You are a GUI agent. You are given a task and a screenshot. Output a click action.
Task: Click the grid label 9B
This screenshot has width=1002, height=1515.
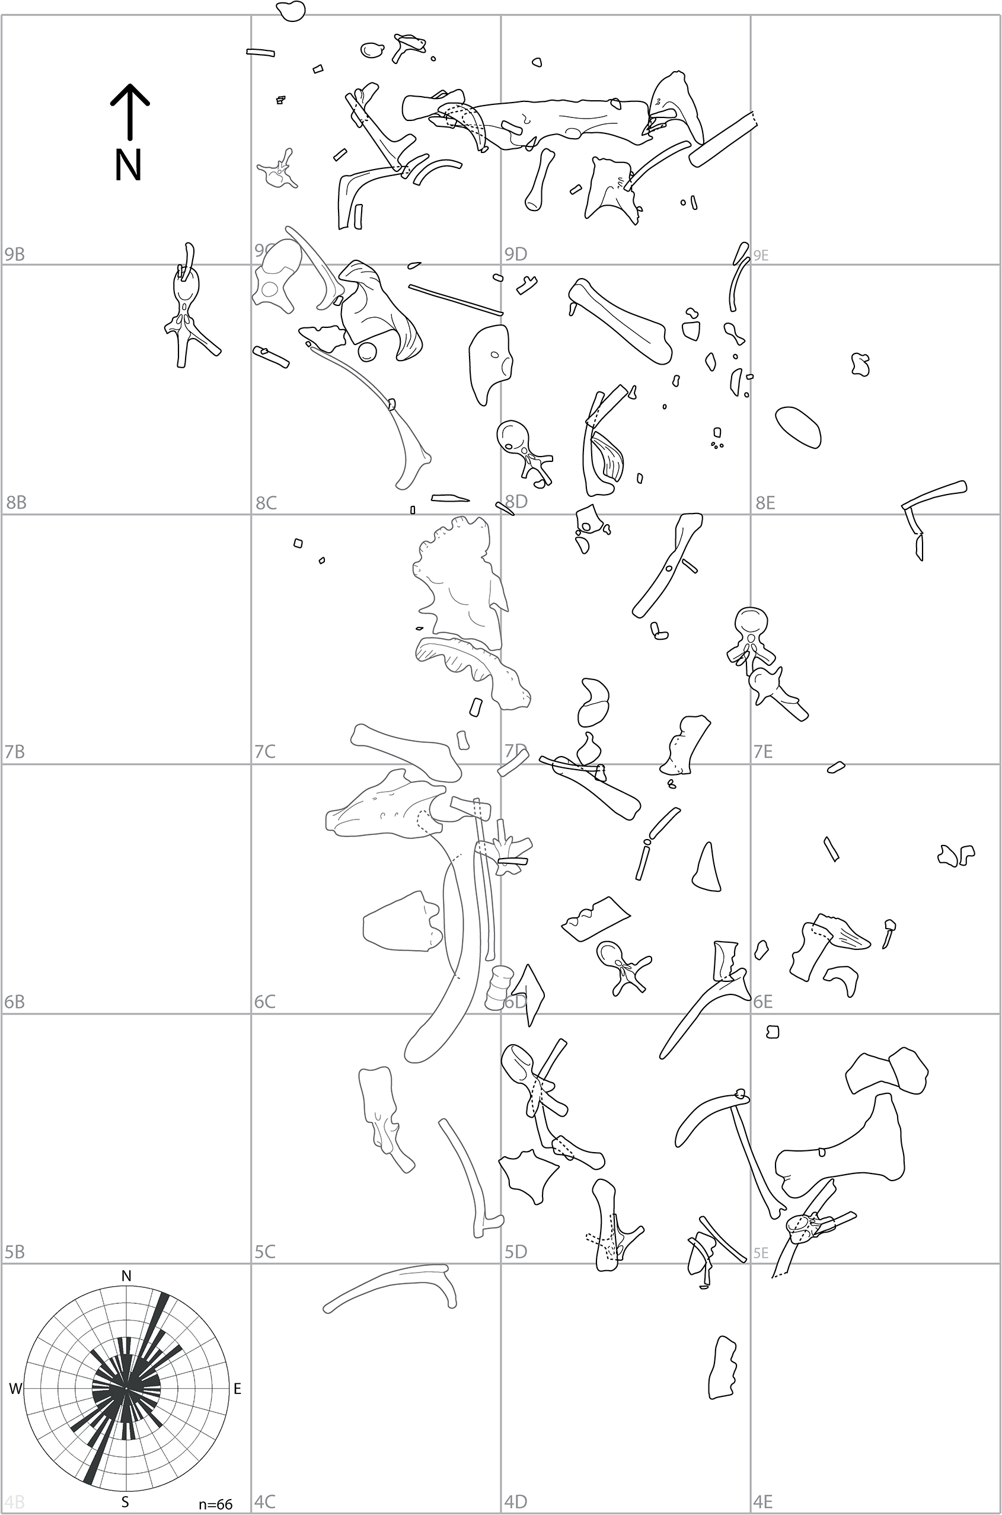[x=15, y=254]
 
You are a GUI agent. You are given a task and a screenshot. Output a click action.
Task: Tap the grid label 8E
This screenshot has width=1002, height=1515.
[x=765, y=503]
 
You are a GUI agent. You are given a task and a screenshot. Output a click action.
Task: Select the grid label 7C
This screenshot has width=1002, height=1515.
[x=264, y=752]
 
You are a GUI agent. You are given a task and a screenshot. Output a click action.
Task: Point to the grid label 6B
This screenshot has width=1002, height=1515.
[x=15, y=1002]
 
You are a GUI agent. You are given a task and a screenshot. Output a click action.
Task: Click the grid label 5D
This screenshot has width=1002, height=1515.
[x=516, y=1252]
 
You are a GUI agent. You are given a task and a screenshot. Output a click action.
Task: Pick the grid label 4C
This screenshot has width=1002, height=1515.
[x=264, y=1501]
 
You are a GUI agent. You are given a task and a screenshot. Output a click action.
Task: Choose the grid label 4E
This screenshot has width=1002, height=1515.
[x=763, y=1501]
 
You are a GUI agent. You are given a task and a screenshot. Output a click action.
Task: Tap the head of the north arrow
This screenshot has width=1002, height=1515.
[x=130, y=93]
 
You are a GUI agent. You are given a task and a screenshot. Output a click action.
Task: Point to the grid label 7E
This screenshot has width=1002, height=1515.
[x=763, y=752]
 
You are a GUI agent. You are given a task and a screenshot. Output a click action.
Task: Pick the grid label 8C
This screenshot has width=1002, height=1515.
[x=266, y=503]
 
